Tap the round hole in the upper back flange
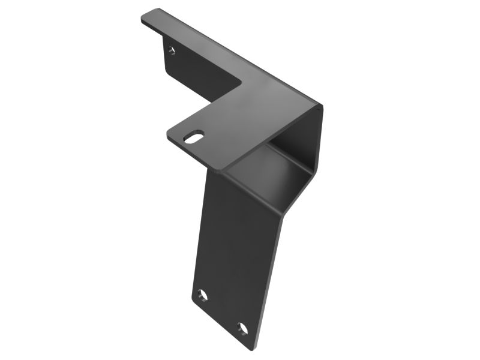coord(172,50)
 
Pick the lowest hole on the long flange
coord(242,328)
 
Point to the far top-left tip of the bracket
coord(143,18)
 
